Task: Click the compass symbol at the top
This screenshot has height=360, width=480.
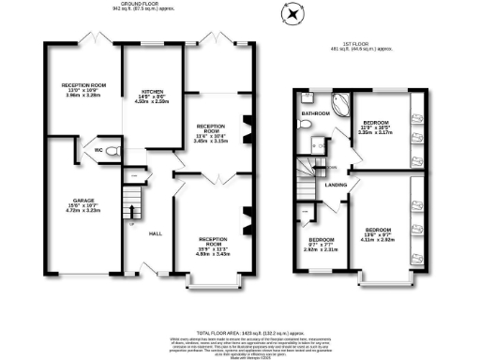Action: pyautogui.click(x=292, y=15)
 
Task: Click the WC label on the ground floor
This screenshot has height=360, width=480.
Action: pyautogui.click(x=98, y=150)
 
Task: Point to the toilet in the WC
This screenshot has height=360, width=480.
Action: pyautogui.click(x=112, y=150)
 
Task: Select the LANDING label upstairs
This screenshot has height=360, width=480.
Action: pyautogui.click(x=335, y=185)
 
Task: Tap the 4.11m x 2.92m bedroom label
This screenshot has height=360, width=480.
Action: pyautogui.click(x=378, y=234)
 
